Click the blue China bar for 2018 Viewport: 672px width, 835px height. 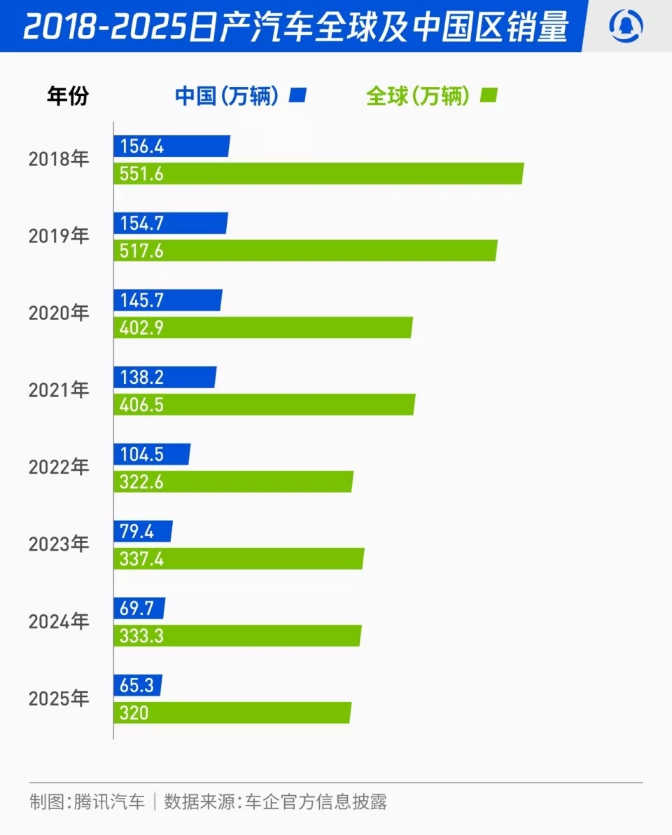[x=171, y=146]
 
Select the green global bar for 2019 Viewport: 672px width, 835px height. [x=305, y=251]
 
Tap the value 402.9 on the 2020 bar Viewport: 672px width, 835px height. [x=141, y=328]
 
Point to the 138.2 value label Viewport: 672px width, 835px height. [x=141, y=378]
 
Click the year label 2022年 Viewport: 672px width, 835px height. [x=59, y=467]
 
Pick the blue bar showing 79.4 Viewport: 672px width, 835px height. [x=143, y=532]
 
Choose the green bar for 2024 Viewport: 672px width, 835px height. [x=237, y=636]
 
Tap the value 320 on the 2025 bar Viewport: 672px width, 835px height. [x=134, y=713]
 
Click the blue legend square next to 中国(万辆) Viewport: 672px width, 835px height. [x=300, y=95]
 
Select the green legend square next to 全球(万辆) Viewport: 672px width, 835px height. [x=489, y=95]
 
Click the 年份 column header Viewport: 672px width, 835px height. [x=68, y=96]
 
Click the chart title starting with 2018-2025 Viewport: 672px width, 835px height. [x=295, y=27]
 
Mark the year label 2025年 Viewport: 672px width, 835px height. [x=59, y=698]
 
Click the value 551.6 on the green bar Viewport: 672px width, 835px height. [x=141, y=174]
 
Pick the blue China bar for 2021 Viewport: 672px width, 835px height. [x=165, y=378]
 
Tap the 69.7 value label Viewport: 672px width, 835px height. [x=136, y=609]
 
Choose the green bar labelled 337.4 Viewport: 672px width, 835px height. [x=239, y=559]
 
